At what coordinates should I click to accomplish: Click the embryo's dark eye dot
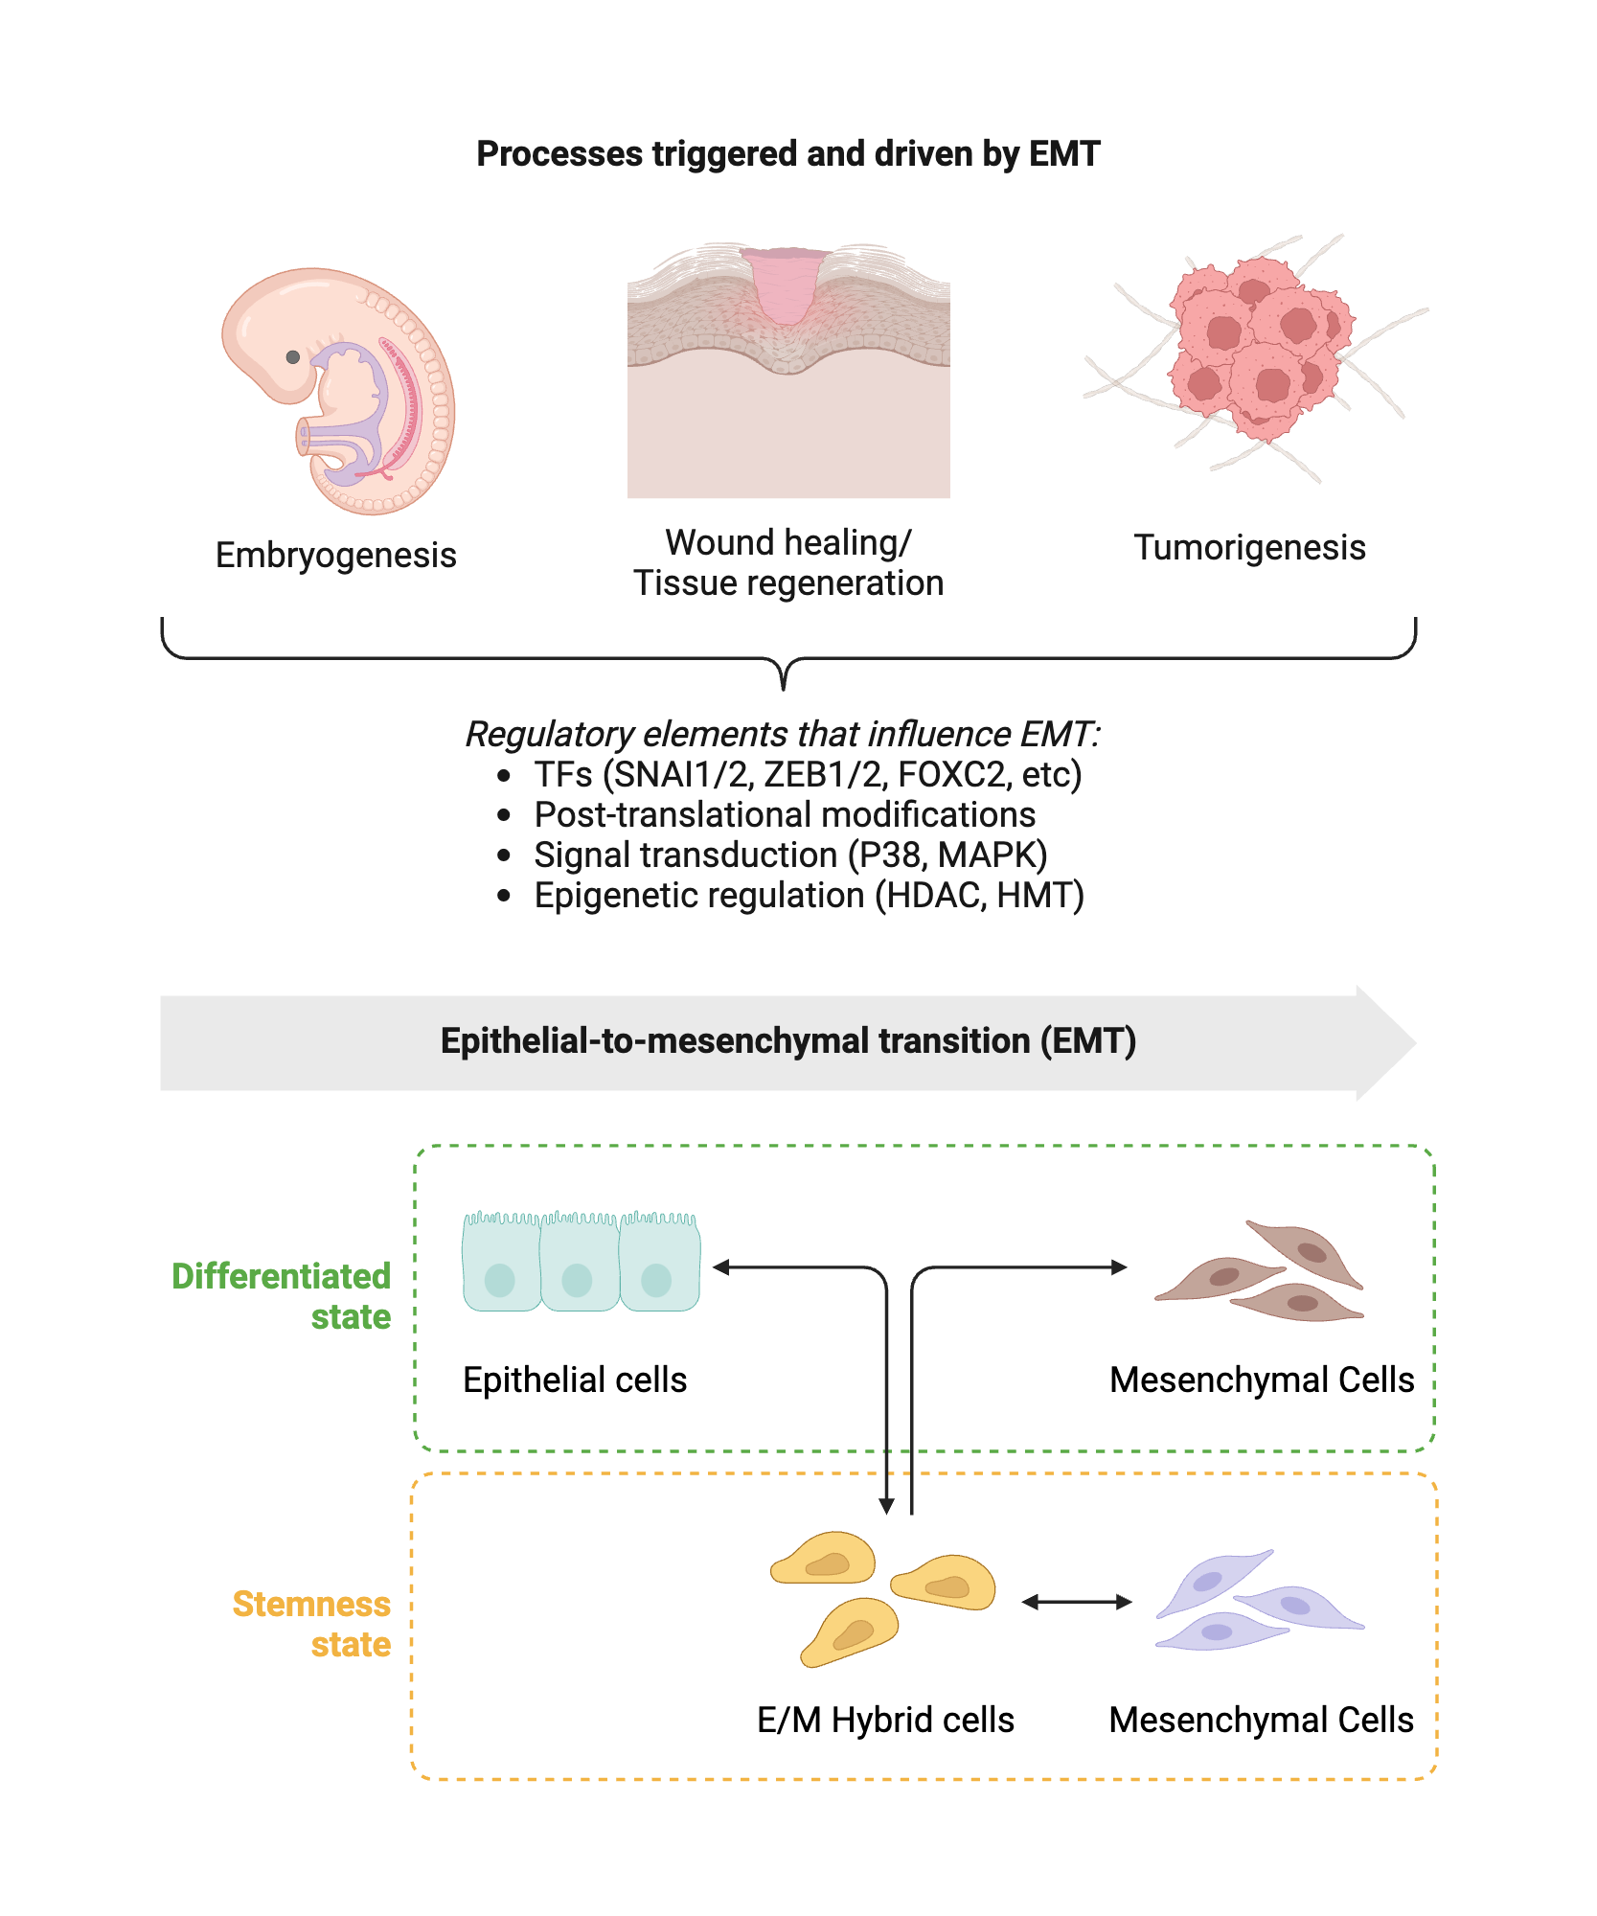pos(293,357)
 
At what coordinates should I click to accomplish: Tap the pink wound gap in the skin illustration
pos(786,287)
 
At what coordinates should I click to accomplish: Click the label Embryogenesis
pos(335,556)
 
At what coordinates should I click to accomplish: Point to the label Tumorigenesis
pos(1249,548)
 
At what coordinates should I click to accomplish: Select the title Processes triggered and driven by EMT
pos(787,154)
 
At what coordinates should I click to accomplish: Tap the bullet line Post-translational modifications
pos(784,815)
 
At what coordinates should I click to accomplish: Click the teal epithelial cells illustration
pos(581,1264)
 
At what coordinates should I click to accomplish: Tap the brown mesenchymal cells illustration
pos(1263,1274)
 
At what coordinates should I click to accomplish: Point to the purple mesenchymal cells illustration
pos(1257,1602)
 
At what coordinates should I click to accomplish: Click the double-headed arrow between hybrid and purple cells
pos(1077,1602)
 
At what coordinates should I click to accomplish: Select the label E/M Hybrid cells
pos(884,1721)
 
